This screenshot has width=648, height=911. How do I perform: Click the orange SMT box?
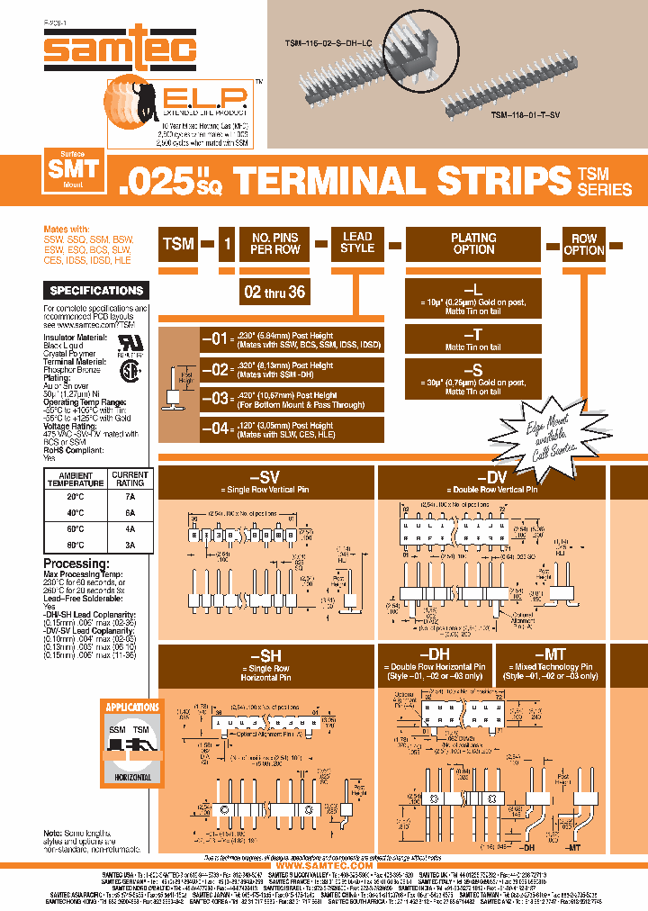point(76,168)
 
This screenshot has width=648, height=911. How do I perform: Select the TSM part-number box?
point(178,243)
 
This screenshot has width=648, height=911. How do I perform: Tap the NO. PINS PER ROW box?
point(274,243)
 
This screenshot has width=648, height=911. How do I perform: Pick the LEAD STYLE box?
point(357,242)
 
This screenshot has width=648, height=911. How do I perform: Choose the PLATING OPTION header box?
point(473,243)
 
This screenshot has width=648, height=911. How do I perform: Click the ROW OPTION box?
point(584,245)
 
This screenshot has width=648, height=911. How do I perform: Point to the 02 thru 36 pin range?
point(275,293)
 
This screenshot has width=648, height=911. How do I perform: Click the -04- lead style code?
point(217,428)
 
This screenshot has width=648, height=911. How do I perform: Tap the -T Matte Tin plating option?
point(473,338)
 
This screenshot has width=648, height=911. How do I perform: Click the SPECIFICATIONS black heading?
point(97,291)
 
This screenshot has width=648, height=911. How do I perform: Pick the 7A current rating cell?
point(130,496)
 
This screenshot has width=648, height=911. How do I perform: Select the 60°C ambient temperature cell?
point(76,528)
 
